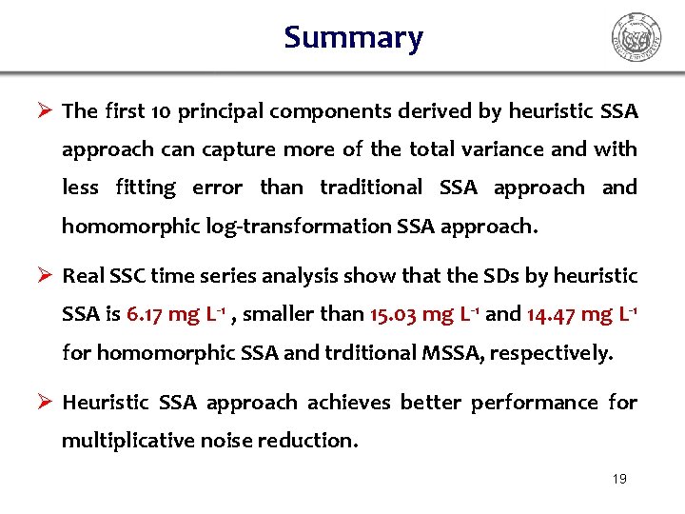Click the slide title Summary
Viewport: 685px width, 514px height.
353,38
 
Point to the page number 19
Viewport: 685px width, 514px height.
619,479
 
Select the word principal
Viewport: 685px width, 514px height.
225,111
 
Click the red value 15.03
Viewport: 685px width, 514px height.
389,314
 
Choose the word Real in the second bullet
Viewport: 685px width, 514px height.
82,276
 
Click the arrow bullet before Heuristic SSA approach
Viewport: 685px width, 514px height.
43,403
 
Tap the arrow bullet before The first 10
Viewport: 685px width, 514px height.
43,111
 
